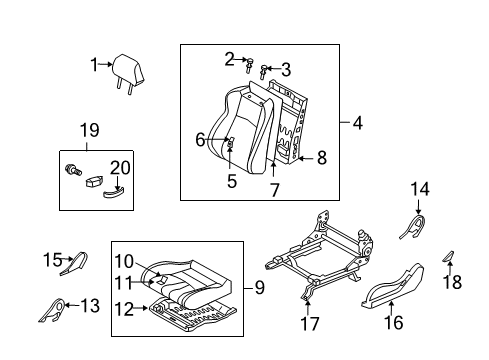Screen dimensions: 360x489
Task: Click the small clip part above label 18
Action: [x=448, y=259]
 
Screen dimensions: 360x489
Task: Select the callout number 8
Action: [x=322, y=157]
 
